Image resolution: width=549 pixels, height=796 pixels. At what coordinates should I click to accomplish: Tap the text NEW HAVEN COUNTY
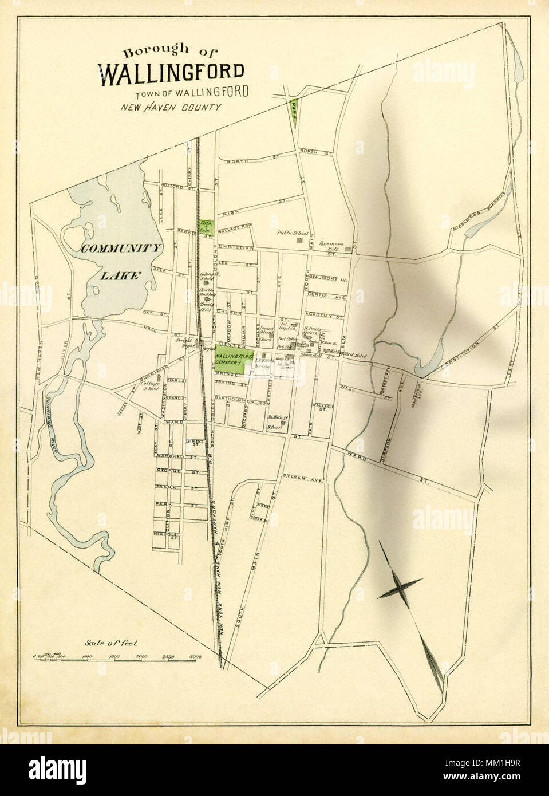coord(171,107)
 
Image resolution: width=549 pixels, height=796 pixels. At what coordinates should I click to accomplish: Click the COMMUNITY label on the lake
coord(121,248)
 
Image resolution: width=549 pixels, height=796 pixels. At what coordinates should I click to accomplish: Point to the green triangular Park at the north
coord(294,112)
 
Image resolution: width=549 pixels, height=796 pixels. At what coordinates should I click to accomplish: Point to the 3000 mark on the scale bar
coord(196,657)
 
